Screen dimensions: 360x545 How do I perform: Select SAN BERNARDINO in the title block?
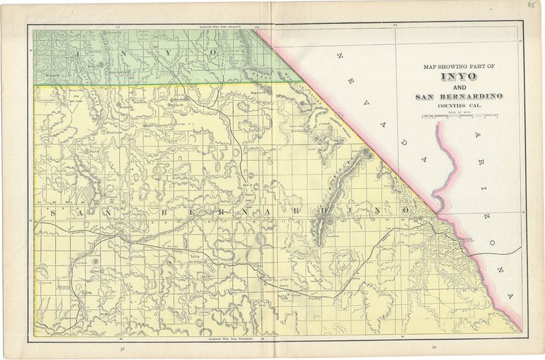pos(459,97)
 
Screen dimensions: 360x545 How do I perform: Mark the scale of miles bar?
pos(459,117)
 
